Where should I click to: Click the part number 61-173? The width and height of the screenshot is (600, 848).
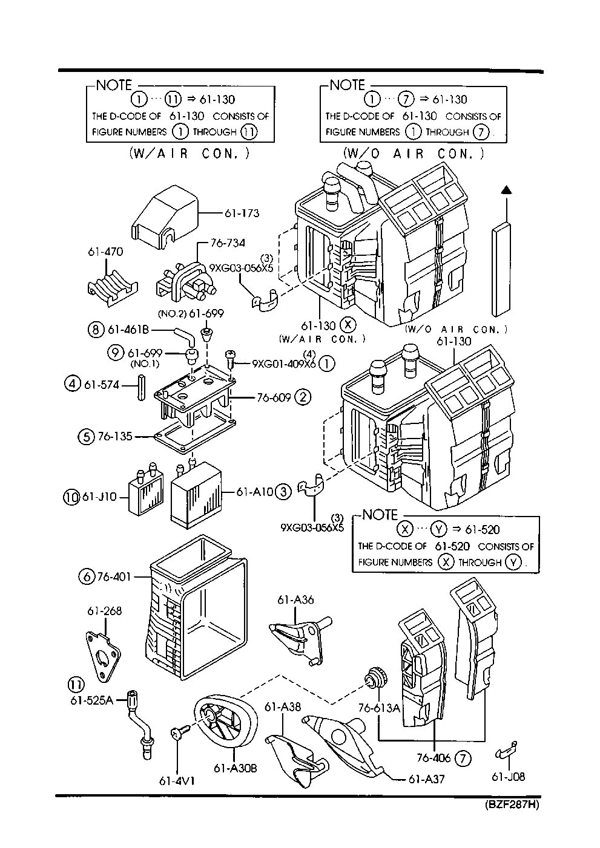click(242, 213)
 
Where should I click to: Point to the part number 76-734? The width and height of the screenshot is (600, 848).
click(228, 243)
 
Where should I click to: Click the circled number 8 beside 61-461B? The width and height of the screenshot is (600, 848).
click(95, 330)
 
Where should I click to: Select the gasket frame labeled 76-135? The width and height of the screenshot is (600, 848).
click(191, 434)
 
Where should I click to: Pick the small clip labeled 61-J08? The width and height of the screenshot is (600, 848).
click(506, 751)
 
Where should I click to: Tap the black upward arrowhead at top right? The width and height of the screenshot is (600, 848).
click(504, 191)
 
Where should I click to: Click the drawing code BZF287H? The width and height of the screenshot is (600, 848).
click(512, 804)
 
